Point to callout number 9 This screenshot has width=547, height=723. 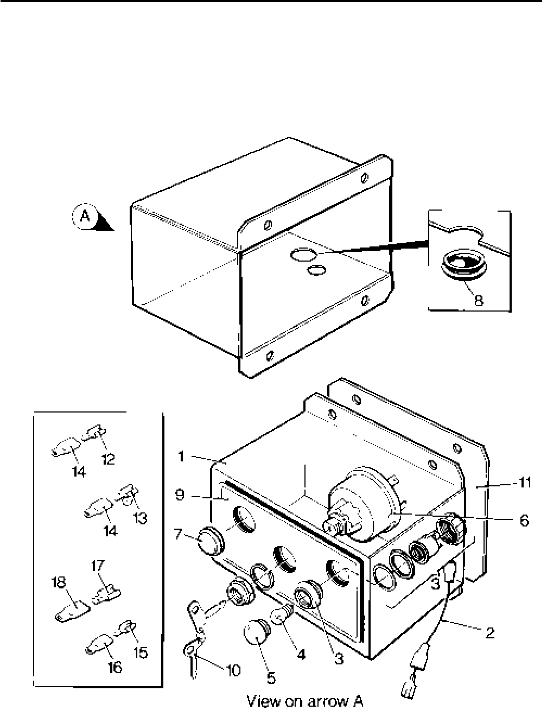[181, 494]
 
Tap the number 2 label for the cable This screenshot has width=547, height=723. [489, 633]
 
